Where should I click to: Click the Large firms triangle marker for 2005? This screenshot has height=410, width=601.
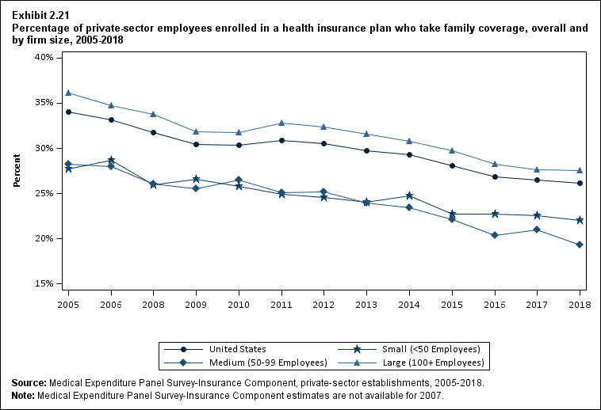pos(68,93)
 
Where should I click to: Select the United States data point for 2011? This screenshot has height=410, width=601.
pos(281,140)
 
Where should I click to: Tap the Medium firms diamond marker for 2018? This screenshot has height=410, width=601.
pos(580,245)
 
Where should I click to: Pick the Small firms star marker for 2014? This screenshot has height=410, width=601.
pos(409,196)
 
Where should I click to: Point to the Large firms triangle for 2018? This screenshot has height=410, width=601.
pos(580,170)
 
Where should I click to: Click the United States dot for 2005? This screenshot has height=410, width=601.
pos(68,112)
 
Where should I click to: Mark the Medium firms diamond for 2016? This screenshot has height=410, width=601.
pos(495,235)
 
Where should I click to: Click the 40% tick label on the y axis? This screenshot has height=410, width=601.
pos(43,58)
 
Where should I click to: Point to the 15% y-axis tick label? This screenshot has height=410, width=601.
pos(43,283)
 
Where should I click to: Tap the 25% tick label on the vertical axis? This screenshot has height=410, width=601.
pos(43,193)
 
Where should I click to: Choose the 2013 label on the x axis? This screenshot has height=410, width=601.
pos(366,304)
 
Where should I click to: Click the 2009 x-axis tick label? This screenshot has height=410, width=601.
pos(196,304)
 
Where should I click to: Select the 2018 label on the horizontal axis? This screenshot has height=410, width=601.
pos(580,304)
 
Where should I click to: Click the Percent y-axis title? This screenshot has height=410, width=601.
pos(17,170)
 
